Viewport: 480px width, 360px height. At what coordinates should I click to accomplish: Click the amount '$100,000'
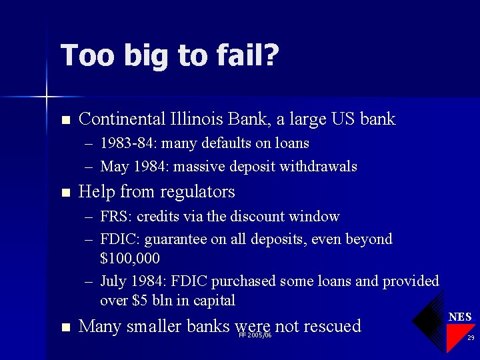(130, 257)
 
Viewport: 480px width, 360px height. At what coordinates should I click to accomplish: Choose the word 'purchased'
(246, 281)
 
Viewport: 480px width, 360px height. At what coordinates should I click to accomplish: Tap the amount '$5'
(139, 301)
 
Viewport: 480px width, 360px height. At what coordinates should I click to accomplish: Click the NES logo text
(460, 317)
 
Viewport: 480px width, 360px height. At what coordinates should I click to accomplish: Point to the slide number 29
(470, 338)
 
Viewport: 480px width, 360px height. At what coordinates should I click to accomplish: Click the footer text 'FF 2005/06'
(255, 335)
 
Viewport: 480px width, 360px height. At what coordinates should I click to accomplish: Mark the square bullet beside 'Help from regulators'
(65, 193)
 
